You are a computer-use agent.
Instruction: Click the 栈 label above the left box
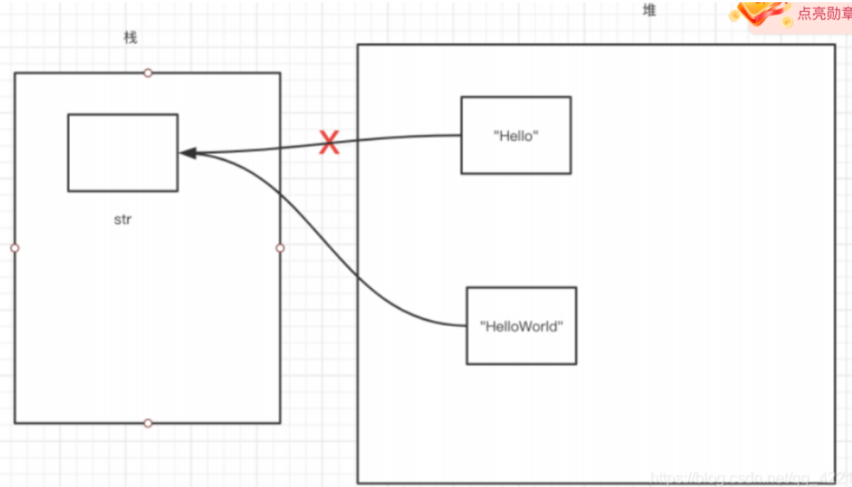point(131,38)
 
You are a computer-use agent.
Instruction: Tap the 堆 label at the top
point(650,10)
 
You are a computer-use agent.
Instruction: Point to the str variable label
point(123,219)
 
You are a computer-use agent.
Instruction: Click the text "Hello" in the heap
point(516,136)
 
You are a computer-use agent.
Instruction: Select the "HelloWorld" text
point(521,327)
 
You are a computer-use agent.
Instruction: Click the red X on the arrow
point(329,142)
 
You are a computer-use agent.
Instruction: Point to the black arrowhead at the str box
point(187,153)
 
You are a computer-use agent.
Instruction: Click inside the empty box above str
point(123,152)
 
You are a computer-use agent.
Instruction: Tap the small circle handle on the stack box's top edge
point(148,73)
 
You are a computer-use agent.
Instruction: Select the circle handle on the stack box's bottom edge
point(148,423)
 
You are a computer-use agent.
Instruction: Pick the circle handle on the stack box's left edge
point(15,248)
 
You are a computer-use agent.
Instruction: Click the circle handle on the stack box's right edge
point(281,248)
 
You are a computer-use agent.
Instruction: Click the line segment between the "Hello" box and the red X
point(399,138)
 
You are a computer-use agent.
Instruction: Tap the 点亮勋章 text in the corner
point(824,14)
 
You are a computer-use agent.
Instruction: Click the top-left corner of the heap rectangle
point(358,44)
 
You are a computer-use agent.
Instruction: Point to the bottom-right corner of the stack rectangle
point(280,422)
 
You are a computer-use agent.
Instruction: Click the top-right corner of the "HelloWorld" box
point(576,287)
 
